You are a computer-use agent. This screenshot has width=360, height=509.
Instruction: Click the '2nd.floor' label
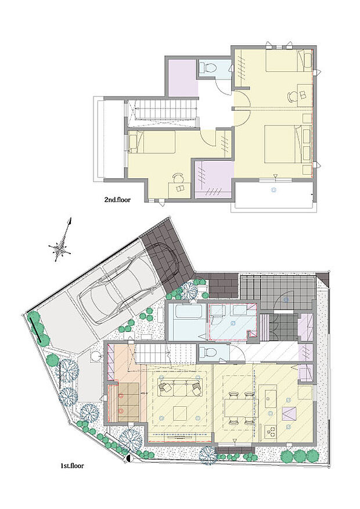(117, 200)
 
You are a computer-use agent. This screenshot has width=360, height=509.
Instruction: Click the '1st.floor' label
(72, 466)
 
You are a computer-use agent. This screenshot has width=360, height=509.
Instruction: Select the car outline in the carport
(128, 283)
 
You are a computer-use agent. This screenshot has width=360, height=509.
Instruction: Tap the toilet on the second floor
(208, 67)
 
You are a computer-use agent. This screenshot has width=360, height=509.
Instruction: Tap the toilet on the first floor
(208, 352)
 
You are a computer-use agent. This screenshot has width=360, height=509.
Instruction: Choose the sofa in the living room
(180, 387)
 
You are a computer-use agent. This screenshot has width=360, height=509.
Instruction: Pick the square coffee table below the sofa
(179, 413)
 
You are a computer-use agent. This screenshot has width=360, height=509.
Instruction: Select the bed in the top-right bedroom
(289, 60)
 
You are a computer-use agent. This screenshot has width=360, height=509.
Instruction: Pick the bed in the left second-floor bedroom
(152, 142)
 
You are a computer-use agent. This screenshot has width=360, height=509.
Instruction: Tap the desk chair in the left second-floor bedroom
(178, 178)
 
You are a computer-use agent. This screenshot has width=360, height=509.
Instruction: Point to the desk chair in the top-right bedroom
(293, 97)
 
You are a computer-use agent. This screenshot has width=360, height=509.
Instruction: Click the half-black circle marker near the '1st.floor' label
(129, 459)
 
